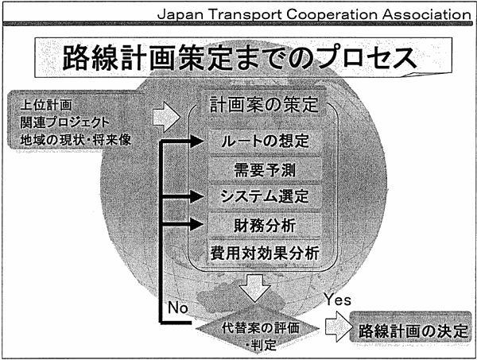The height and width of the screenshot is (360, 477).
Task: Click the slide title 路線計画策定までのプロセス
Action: tap(239, 58)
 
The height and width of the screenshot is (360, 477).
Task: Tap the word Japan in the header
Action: tap(180, 14)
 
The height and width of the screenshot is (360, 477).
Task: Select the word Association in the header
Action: tap(426, 14)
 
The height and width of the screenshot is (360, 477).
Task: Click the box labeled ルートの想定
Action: tap(265, 141)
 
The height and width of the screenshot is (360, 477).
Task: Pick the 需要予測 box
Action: tap(265, 169)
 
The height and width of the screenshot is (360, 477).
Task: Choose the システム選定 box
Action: tap(265, 196)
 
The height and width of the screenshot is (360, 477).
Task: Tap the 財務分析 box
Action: tap(265, 226)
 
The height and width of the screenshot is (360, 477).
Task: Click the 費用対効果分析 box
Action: tap(265, 253)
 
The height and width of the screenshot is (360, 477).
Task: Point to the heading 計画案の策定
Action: tap(264, 105)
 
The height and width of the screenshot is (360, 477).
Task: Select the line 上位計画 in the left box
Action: tap(46, 105)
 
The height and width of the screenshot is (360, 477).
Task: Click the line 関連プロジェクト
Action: tap(64, 122)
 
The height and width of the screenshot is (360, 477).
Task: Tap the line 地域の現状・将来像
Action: tap(76, 140)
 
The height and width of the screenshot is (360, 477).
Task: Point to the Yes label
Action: tap(337, 300)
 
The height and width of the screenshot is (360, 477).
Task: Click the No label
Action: tap(178, 308)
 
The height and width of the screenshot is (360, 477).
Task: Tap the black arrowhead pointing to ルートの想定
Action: tap(197, 141)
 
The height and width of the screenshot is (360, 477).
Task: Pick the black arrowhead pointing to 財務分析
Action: tap(197, 225)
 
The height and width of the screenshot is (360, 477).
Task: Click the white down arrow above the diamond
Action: tap(254, 288)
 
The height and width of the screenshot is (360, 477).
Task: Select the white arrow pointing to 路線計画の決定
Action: tap(339, 327)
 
